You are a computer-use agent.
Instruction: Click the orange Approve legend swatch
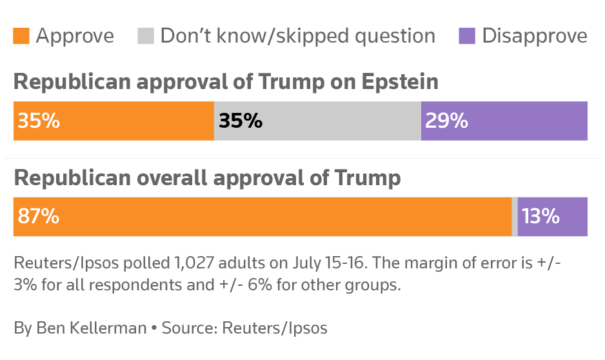pos(21,36)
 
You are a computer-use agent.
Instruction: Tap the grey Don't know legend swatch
pos(146,36)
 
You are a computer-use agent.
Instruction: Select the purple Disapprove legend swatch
pos(467,36)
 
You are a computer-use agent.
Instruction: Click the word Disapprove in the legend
pos(535,36)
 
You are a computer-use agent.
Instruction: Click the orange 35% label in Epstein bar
pos(39,121)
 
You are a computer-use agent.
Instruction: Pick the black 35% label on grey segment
pos(241,121)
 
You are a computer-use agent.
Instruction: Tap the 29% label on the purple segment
pos(446,121)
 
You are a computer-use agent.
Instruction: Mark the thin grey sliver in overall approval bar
pos(515,217)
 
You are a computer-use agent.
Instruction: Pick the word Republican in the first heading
pos(66,83)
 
